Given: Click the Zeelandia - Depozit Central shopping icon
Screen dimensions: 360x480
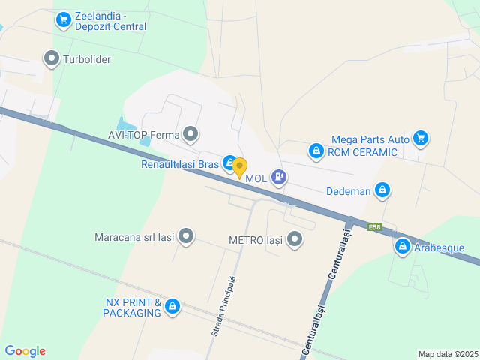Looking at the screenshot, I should click(x=63, y=19).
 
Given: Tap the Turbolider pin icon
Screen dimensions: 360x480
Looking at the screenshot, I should click(x=52, y=58).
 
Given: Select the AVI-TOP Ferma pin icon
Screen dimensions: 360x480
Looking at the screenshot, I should click(x=190, y=135).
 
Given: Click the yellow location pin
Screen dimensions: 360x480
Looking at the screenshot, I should click(x=239, y=168).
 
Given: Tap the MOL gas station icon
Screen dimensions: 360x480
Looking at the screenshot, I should click(x=279, y=178).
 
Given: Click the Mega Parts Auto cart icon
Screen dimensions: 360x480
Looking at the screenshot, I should click(x=420, y=139).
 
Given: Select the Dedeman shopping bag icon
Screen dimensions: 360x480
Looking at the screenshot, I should click(x=382, y=190).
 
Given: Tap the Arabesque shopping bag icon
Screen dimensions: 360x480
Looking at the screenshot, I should click(x=403, y=247).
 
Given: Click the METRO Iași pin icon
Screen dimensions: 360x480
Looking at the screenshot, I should click(x=295, y=241).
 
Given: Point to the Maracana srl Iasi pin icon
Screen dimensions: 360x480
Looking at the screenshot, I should click(x=185, y=237).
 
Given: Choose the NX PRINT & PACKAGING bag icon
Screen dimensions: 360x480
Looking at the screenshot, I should click(x=172, y=306).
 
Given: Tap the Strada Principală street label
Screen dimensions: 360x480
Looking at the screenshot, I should click(x=223, y=305).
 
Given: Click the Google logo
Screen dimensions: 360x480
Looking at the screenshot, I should click(x=25, y=351).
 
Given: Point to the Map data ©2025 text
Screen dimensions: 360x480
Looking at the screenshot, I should click(x=447, y=354).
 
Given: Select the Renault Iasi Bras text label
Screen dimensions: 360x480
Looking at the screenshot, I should click(x=179, y=163).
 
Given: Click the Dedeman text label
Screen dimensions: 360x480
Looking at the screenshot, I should click(x=349, y=190).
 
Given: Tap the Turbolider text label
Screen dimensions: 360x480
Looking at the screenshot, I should click(x=87, y=58).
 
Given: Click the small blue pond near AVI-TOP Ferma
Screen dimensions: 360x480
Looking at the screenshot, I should click(x=125, y=124).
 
